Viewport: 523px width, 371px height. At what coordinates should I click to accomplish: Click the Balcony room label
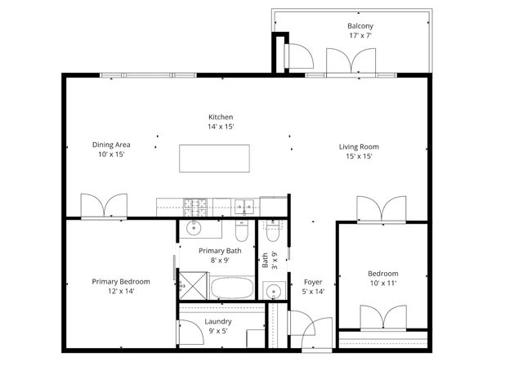coord(360,25)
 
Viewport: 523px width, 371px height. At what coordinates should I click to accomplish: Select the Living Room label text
coord(360,147)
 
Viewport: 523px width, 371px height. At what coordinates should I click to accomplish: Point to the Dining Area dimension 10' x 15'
coord(111,155)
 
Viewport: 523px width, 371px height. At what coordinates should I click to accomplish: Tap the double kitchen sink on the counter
coord(243,204)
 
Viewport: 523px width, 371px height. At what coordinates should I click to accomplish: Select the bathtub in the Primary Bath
coord(234,288)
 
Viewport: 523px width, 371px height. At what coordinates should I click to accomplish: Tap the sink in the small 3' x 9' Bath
coord(273,291)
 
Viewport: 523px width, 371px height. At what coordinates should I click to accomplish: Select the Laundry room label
coord(218,321)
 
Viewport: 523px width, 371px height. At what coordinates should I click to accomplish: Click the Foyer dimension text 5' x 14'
coord(314,291)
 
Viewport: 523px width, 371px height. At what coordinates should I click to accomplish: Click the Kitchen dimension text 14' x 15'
coord(221,127)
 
